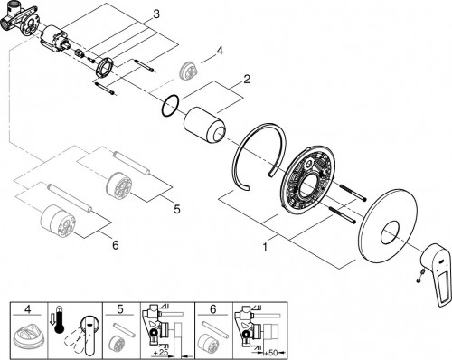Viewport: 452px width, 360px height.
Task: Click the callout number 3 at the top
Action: [x=156, y=14]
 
